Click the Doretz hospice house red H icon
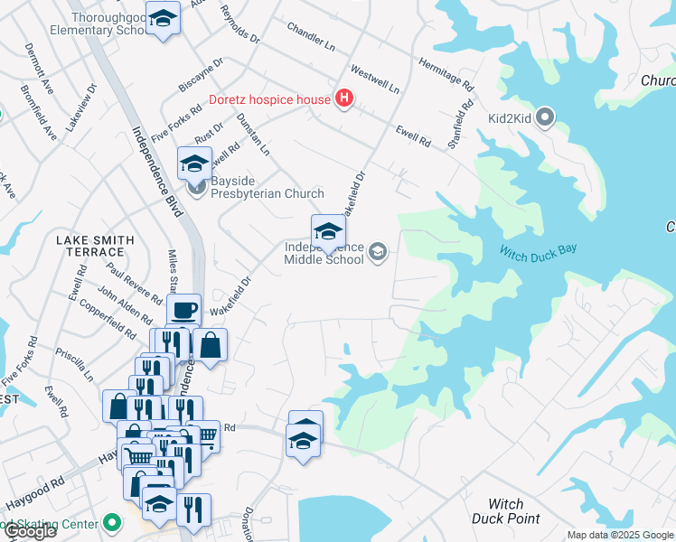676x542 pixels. point(343,98)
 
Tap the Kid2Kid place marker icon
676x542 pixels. point(545,117)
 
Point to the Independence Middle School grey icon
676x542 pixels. point(379,253)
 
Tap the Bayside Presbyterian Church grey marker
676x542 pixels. point(198,187)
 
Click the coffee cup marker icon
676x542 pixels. point(184,311)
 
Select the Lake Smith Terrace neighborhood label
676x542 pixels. point(95,247)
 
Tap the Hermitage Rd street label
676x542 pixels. point(446,75)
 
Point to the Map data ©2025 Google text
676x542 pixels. point(620,535)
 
